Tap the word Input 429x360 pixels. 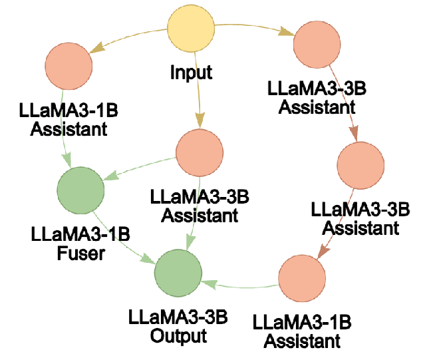(191, 72)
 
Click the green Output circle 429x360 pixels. (179, 273)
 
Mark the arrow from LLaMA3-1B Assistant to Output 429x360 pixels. (239, 283)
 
